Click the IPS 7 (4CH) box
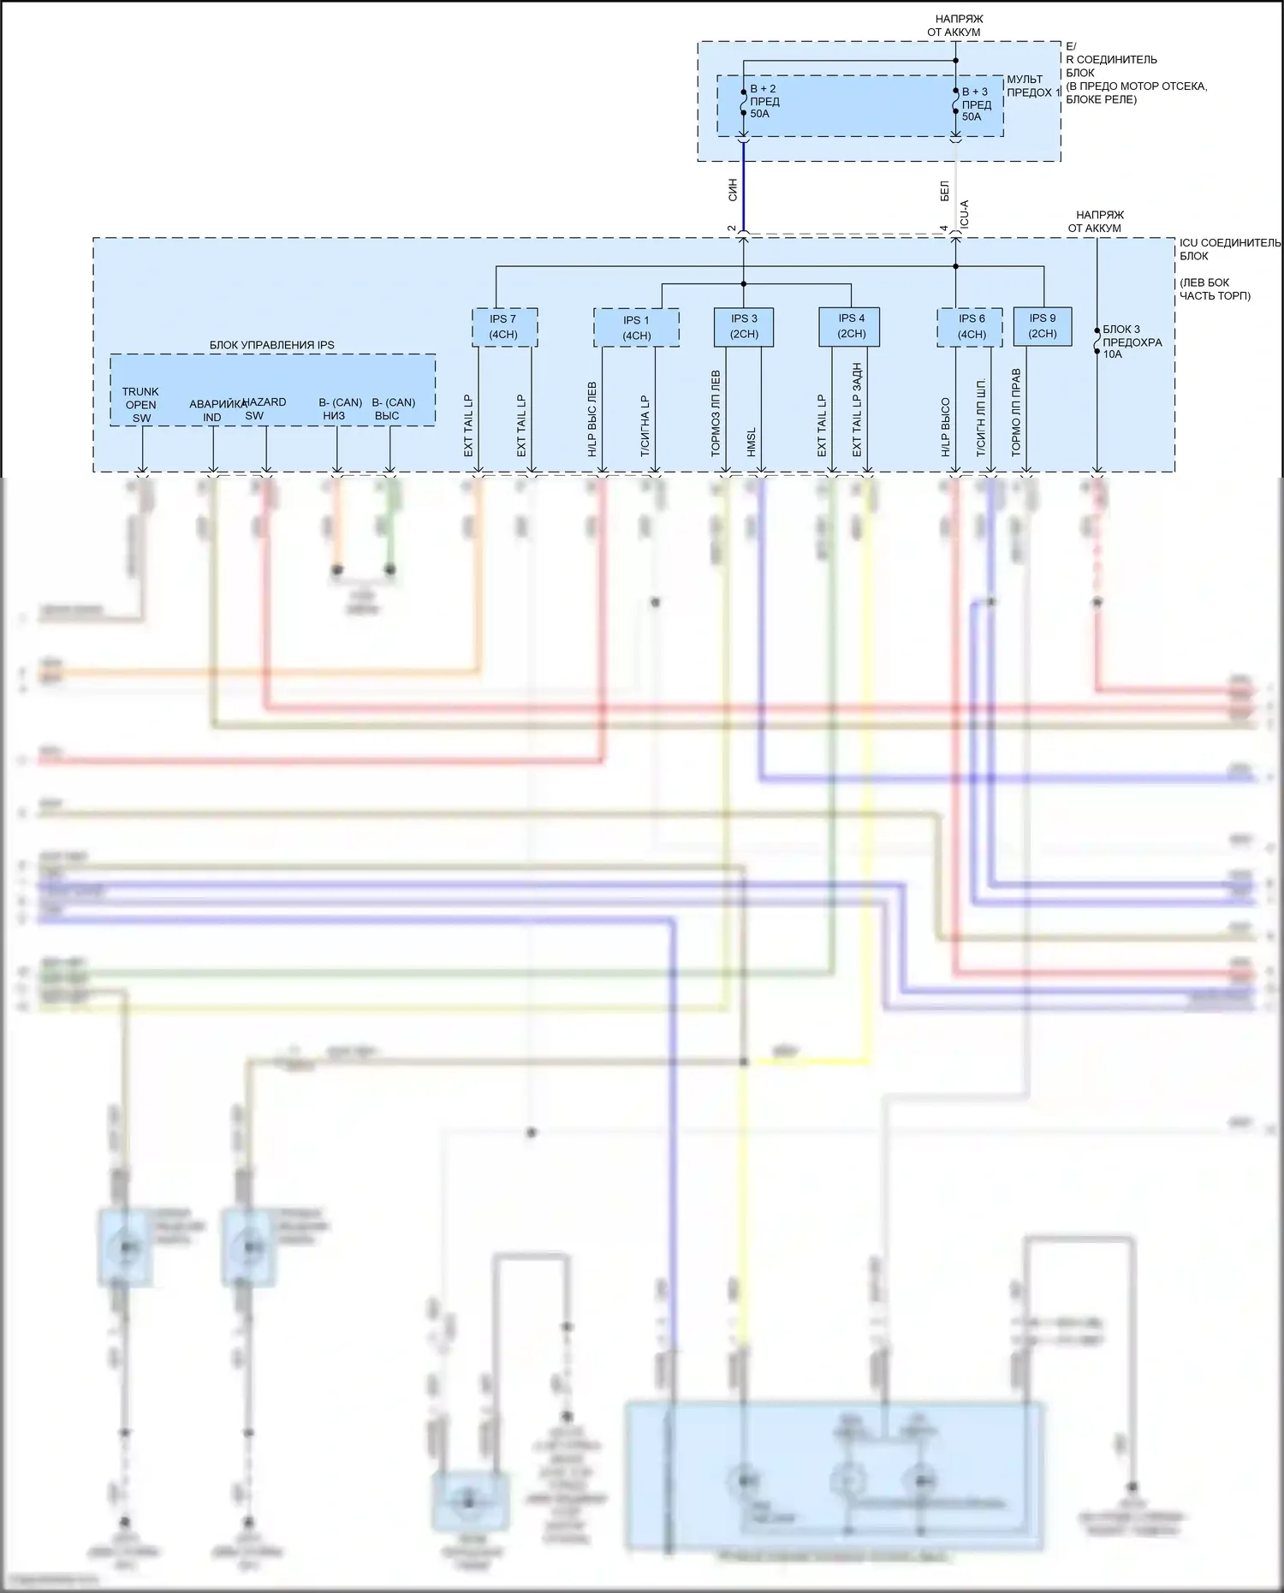tap(504, 327)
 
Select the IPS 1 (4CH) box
tap(636, 328)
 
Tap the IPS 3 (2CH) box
tap(744, 327)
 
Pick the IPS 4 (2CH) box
tap(851, 327)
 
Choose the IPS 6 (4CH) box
tap(970, 327)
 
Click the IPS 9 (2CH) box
tap(1042, 326)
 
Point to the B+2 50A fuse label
tap(764, 101)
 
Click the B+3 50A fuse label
tap(976, 104)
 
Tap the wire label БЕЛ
tap(945, 191)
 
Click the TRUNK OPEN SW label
tap(140, 405)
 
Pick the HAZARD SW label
tap(264, 408)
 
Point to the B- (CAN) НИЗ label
tap(339, 409)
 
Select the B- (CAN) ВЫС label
tap(392, 409)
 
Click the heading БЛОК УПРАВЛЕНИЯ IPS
tap(272, 345)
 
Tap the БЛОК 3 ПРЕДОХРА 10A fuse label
tap(1132, 342)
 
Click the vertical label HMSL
tap(752, 442)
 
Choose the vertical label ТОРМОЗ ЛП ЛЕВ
tap(716, 413)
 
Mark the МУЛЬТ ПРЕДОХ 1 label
tap(1031, 86)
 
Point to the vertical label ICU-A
tap(965, 214)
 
